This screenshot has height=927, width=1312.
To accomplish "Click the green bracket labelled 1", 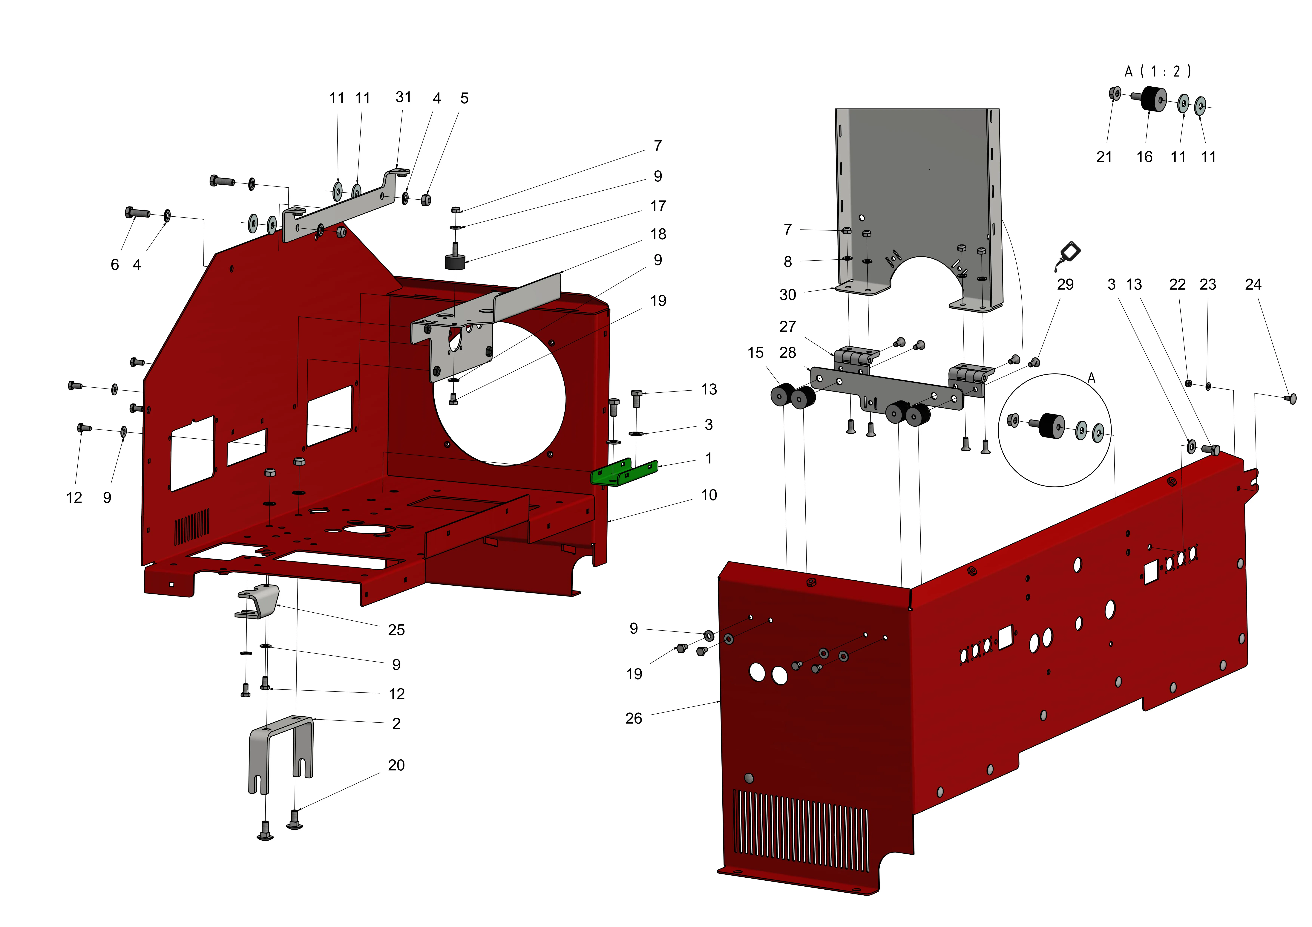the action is [x=624, y=472].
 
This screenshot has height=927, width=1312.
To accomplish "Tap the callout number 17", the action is [x=658, y=206].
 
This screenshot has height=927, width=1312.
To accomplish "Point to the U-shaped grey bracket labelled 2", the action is [x=281, y=755].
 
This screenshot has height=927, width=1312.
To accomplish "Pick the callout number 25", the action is [x=397, y=630].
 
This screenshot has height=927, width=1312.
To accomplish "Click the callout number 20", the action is [x=397, y=765].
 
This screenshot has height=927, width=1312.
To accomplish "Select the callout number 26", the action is [x=634, y=718].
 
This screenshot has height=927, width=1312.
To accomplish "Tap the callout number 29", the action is [x=1065, y=285].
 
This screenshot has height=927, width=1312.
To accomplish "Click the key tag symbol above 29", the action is [x=1068, y=256].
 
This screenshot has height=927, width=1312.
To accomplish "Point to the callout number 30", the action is [x=788, y=295].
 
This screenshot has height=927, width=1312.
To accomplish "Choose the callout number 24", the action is [x=1253, y=285].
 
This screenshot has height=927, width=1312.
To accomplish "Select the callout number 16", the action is [x=1145, y=157].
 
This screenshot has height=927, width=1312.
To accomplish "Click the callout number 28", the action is [x=788, y=353].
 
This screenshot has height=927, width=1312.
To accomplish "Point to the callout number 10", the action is [x=709, y=495].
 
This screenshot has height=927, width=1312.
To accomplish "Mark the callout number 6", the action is [x=115, y=265].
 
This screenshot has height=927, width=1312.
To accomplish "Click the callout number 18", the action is [x=658, y=234].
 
